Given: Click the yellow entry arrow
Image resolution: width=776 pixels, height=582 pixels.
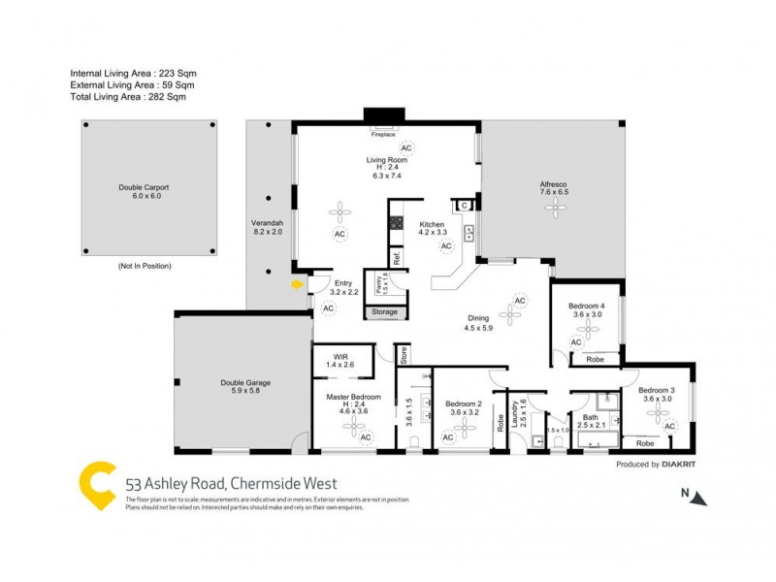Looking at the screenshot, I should point(296,284).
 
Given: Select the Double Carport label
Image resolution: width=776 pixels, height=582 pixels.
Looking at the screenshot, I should point(144,186).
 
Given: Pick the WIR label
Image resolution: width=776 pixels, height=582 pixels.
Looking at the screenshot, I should point(341,356).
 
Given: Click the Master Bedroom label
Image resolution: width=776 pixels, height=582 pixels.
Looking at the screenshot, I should point(353,398).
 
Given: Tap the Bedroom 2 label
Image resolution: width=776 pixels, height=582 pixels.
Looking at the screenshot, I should point(464,404).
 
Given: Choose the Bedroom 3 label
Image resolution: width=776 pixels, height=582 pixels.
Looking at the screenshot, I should point(658,389).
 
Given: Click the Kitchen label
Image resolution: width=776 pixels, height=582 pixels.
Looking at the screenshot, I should point(432,224).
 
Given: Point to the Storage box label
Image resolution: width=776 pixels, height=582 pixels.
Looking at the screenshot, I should point(384,312).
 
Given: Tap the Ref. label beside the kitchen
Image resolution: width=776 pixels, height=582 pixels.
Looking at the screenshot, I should point(396,258).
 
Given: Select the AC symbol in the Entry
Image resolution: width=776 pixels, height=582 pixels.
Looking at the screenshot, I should point(328,308).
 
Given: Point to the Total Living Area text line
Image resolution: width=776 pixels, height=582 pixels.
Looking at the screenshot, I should point(128,97).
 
